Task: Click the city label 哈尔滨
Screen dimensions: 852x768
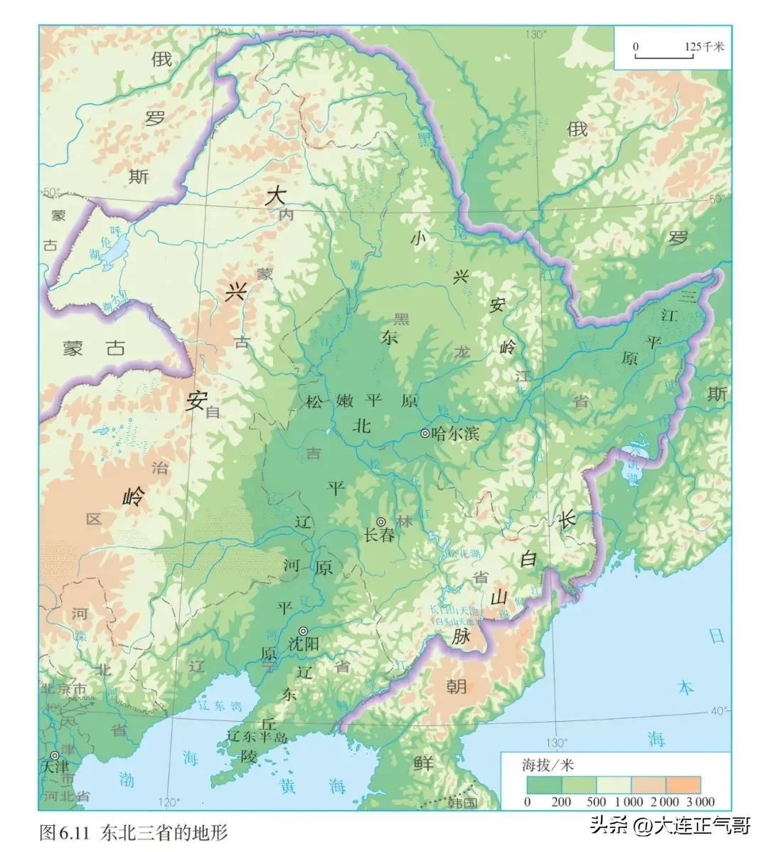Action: pos(455,434)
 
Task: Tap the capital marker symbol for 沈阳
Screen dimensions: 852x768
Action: pos(304,631)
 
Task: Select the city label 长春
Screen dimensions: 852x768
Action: pos(378,536)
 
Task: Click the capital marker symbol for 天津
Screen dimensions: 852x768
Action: pos(55,755)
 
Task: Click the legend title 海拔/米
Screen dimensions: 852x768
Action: pos(548,766)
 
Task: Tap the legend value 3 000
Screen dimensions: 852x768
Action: pos(700,802)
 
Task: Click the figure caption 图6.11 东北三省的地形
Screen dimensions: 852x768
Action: pos(134,831)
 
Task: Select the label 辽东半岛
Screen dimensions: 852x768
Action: pos(257,737)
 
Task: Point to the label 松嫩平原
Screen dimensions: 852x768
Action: pos(361,401)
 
